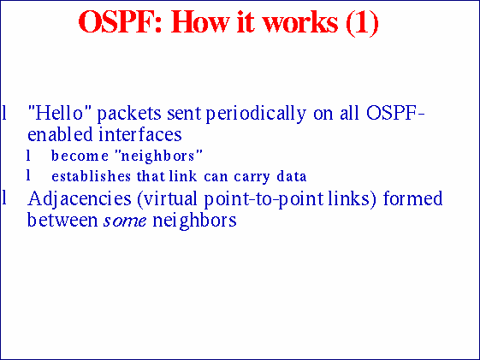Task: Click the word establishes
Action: (x=87, y=177)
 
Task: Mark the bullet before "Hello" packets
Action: (x=5, y=112)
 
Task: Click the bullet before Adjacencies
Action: (x=5, y=199)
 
